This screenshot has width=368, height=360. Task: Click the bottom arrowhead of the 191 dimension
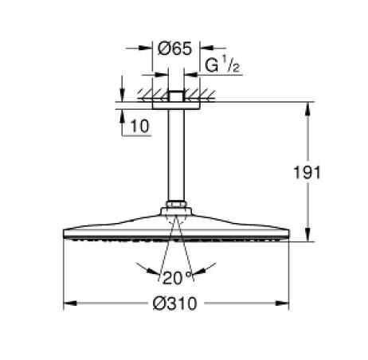(x=309, y=235)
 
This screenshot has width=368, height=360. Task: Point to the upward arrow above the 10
(x=122, y=115)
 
